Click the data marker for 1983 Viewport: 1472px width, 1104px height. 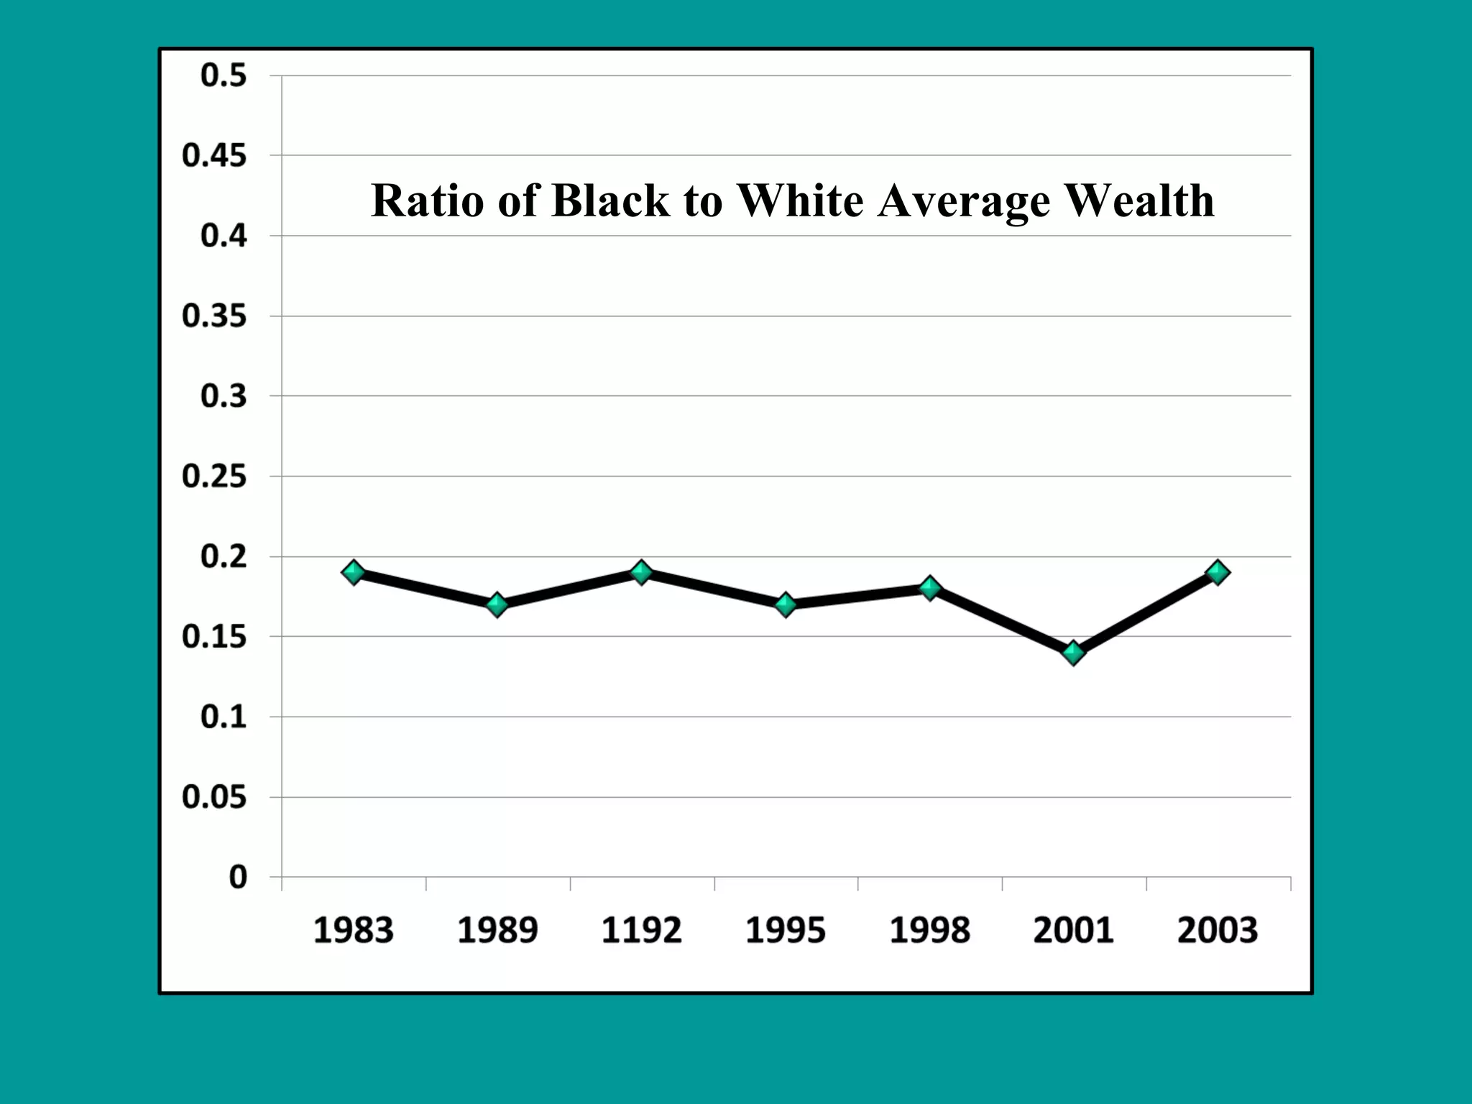point(353,573)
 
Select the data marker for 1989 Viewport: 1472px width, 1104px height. point(497,604)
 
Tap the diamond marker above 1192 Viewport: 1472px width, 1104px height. point(641,573)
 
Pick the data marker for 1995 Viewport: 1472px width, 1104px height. point(786,604)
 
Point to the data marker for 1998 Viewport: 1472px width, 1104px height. point(929,589)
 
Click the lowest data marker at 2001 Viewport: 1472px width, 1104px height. point(1073,653)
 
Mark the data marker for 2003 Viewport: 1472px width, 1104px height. point(1218,573)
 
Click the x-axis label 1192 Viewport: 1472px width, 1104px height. point(641,930)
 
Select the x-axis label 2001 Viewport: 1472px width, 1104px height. point(1073,930)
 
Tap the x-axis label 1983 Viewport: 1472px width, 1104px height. point(353,930)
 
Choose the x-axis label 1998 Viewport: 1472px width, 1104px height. point(929,930)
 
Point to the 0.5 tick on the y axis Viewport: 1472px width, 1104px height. point(224,75)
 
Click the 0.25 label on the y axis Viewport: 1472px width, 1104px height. point(214,477)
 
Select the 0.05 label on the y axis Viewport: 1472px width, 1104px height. point(214,797)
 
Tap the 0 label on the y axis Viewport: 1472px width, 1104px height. point(238,878)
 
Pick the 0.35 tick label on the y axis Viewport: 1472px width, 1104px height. point(214,316)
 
